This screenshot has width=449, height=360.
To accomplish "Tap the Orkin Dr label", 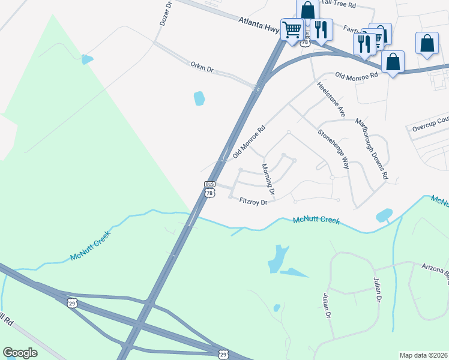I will click(202, 67).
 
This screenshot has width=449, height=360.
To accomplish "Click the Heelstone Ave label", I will click(332, 99).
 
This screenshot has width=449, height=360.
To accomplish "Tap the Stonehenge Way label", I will click(334, 149).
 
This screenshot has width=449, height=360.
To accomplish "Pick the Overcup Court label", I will click(429, 127).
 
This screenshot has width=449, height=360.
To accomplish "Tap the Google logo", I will click(20, 352).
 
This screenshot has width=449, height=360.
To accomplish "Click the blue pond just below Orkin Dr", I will click(199, 98).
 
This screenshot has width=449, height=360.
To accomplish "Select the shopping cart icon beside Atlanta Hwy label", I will click(292, 28).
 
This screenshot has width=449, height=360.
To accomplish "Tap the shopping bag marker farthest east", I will click(427, 43).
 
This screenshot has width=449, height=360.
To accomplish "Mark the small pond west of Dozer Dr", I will click(88, 59).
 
